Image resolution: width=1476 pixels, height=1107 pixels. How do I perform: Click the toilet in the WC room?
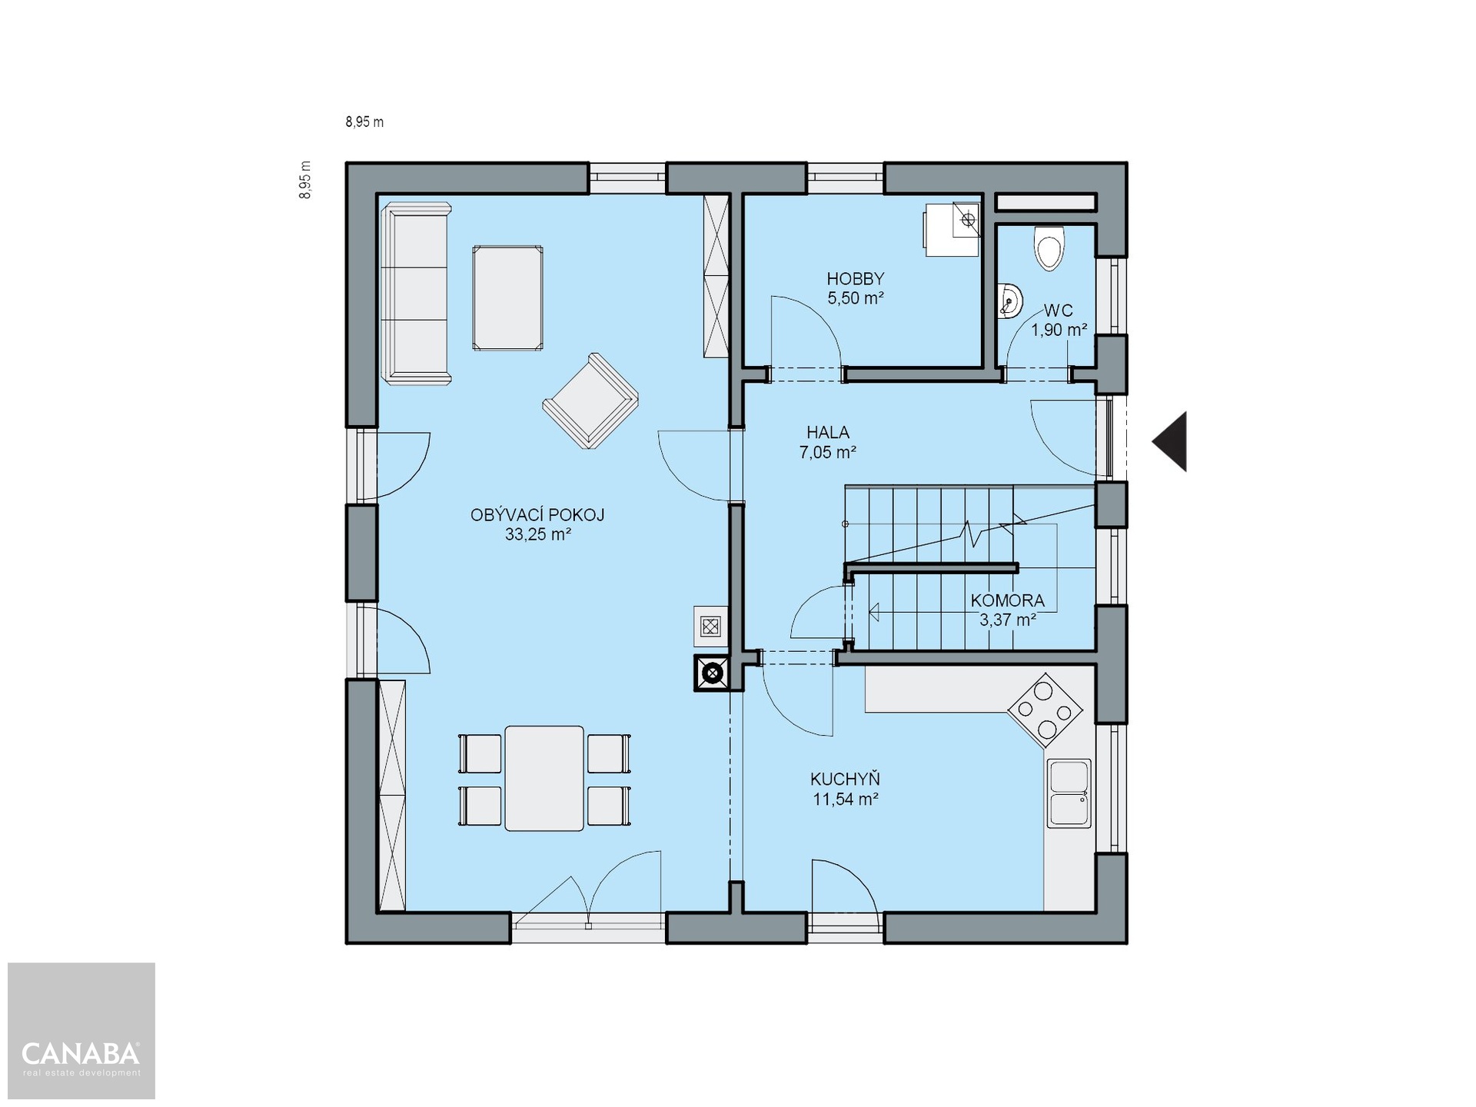point(1049,247)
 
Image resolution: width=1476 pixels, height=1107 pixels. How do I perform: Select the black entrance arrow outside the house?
point(1169,441)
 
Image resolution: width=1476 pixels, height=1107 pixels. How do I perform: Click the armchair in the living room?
point(590,401)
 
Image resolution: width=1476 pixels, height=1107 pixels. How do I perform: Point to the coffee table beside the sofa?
point(507,298)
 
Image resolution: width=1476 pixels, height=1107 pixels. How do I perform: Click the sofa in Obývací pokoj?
point(416,293)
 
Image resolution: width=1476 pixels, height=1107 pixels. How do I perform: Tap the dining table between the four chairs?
point(544,778)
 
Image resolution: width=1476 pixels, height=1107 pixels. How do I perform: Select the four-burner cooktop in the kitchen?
point(1045,711)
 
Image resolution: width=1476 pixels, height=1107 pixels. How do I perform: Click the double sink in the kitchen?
point(1069,793)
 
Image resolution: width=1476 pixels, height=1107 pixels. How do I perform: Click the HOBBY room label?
point(856,278)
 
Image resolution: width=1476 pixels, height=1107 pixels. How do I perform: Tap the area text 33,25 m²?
point(538,534)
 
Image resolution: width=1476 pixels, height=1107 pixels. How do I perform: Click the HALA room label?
point(828,432)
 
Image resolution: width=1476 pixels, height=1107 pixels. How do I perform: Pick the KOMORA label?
point(1008,600)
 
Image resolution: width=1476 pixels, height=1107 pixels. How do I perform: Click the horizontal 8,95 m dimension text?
point(364,121)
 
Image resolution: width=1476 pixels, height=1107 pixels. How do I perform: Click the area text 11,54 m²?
point(846,799)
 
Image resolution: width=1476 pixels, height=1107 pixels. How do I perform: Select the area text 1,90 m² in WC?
point(1059,330)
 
